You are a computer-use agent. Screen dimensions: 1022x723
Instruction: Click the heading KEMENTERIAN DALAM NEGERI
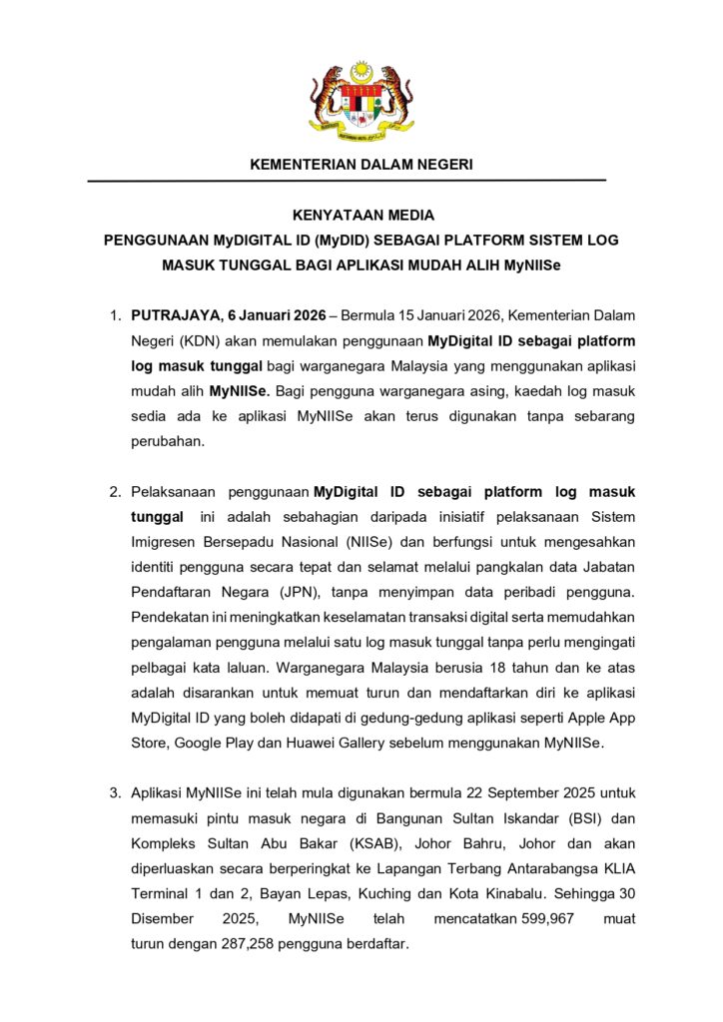tap(361, 164)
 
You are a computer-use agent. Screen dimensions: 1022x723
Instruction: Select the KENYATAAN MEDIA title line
tap(361, 215)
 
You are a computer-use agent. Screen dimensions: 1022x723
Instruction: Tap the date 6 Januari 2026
tap(257, 315)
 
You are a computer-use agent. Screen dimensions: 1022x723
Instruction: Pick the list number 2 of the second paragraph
tap(115, 492)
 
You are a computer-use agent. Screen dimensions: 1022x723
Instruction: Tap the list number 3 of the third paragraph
tap(115, 793)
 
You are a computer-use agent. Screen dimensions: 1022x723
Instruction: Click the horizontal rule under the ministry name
tap(347, 181)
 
